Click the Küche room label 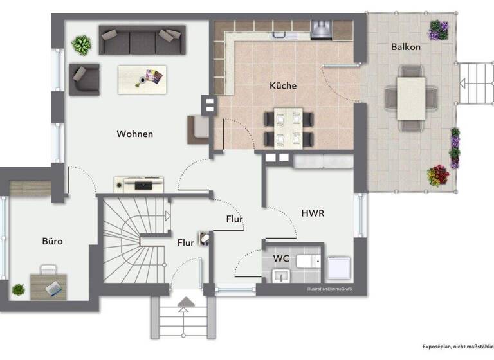pos(282,85)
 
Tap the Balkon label pos(405,47)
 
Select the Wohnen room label pos(134,134)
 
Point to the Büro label pos(52,241)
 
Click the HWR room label pos(312,213)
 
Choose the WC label pos(280,257)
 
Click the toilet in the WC pos(309,261)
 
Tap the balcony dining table pos(411,98)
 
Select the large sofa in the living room pos(142,40)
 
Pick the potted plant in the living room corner pos(81,45)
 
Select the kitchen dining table pos(288,128)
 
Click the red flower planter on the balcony pos(439,174)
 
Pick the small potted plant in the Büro pos(19,289)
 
